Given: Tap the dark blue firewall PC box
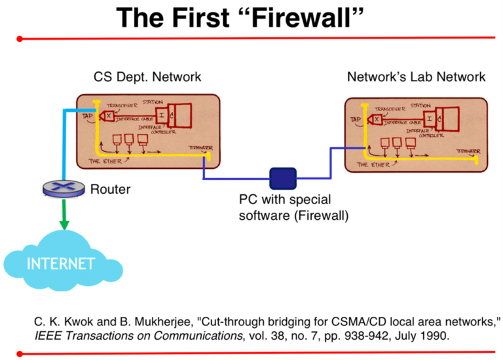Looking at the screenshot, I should coord(283,178).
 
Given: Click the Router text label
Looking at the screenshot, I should coord(111,190).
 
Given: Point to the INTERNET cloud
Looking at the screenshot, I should coord(60,264).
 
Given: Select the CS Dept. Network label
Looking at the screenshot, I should coord(147,77).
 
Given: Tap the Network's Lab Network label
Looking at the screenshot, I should coord(416,77).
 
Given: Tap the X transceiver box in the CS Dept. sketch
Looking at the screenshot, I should coord(109,116).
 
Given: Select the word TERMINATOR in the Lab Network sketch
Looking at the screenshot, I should coord(467,151).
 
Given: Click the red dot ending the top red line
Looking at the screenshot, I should coord(20,39).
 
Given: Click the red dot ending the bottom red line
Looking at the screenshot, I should coord(20,353).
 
